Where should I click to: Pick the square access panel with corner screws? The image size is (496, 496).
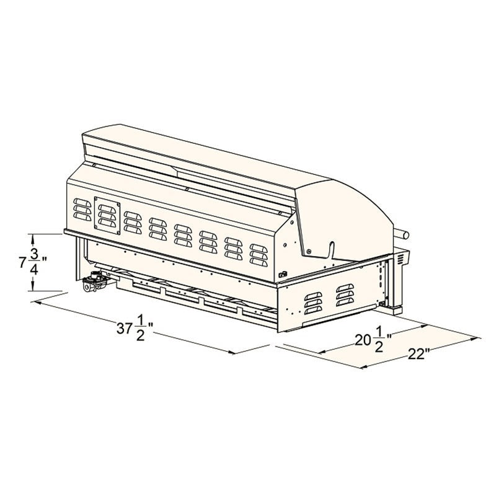pos(107,216)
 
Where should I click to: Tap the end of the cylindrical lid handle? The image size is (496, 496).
pos(405,235)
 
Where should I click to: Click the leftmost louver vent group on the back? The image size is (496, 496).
pos(82,210)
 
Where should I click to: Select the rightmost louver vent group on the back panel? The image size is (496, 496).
pos(259,255)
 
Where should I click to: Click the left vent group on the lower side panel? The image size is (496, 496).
pos(313,303)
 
